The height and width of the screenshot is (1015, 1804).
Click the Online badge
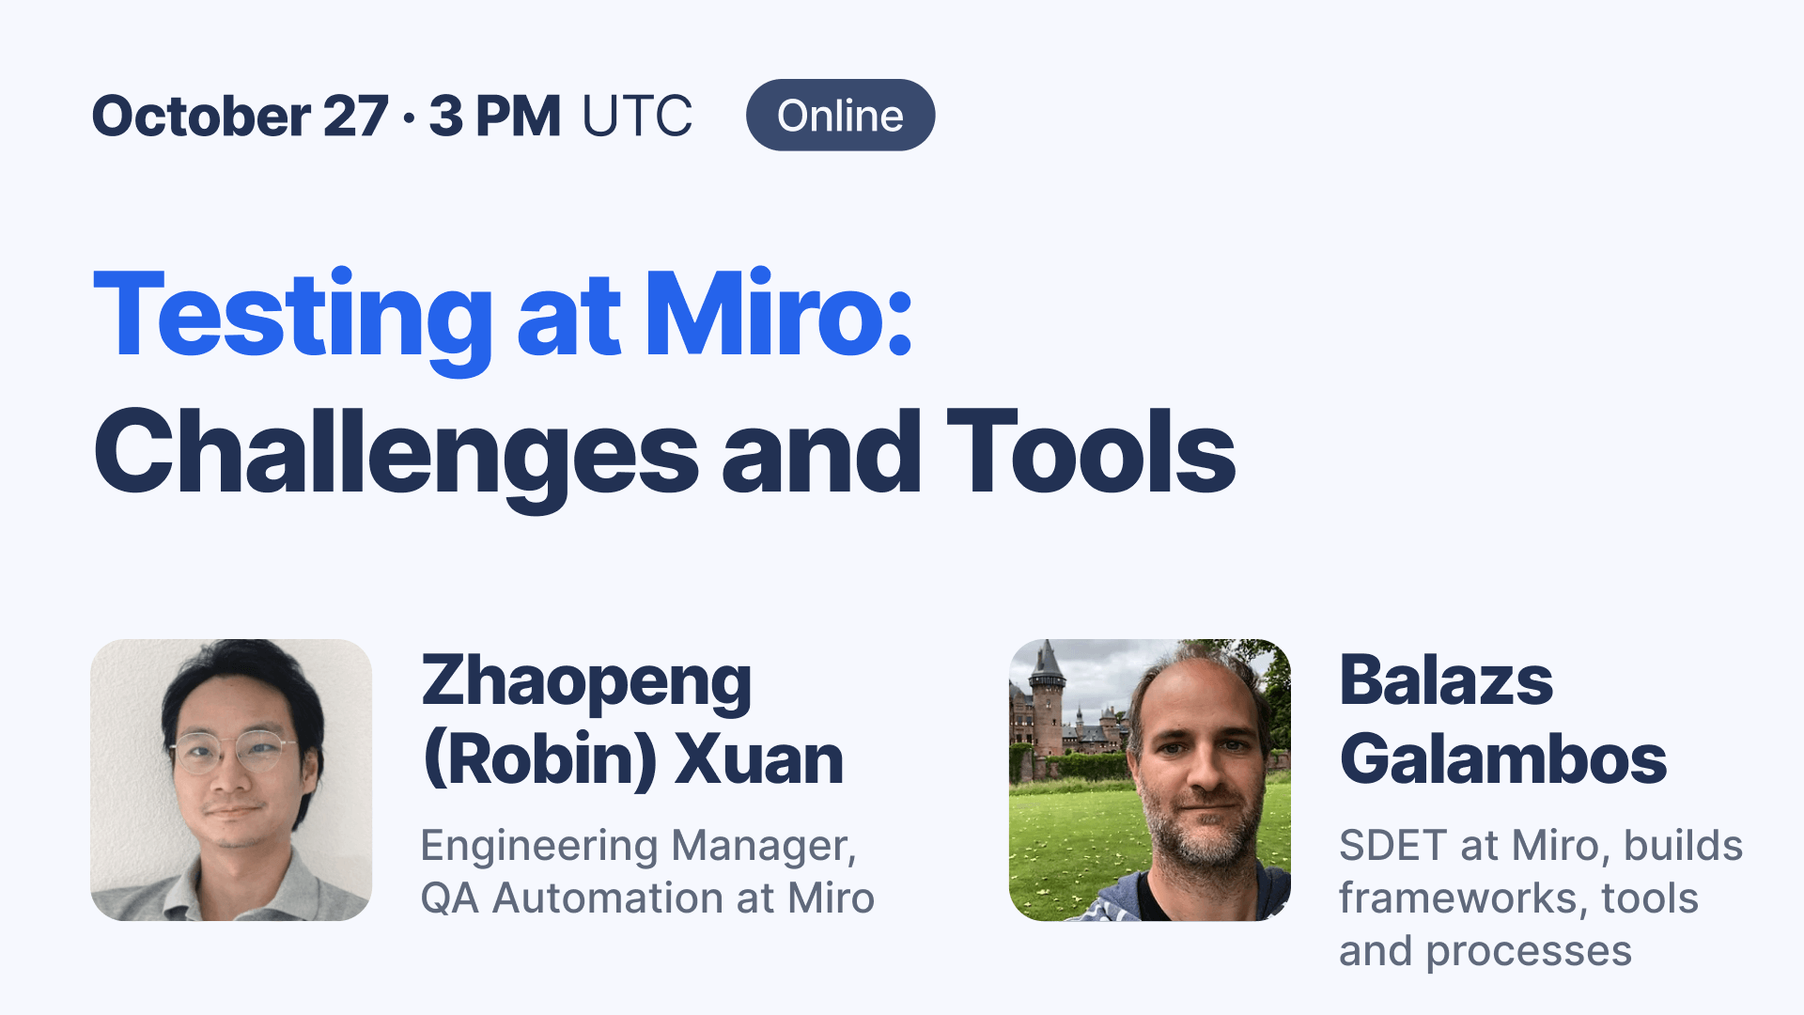pyautogui.click(x=840, y=116)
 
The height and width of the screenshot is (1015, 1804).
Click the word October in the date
pyautogui.click(x=201, y=116)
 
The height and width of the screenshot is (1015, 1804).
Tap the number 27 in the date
pyautogui.click(x=355, y=116)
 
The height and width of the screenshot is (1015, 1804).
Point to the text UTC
pyautogui.click(x=637, y=116)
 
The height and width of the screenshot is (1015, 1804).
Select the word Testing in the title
pyautogui.click(x=292, y=317)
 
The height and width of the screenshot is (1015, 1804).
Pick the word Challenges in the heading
pyautogui.click(x=396, y=454)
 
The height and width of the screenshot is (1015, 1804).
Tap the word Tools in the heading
pyautogui.click(x=1090, y=452)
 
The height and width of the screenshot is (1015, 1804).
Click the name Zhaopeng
pyautogui.click(x=586, y=683)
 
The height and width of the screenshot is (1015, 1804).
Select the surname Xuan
pyautogui.click(x=759, y=759)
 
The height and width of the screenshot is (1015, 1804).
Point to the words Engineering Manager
pyautogui.click(x=638, y=846)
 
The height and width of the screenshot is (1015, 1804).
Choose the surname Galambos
pyautogui.click(x=1502, y=759)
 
